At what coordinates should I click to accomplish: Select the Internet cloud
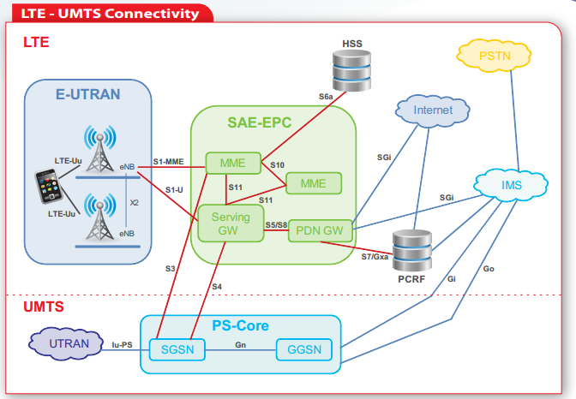pos(433,111)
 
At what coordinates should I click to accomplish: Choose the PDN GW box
pos(321,230)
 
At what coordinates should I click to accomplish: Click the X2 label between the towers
pos(134,203)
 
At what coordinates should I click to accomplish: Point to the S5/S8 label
pos(276,224)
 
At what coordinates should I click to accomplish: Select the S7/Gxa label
pos(375,257)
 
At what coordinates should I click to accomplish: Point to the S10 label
pos(277,164)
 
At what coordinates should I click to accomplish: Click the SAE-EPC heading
pos(260,122)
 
